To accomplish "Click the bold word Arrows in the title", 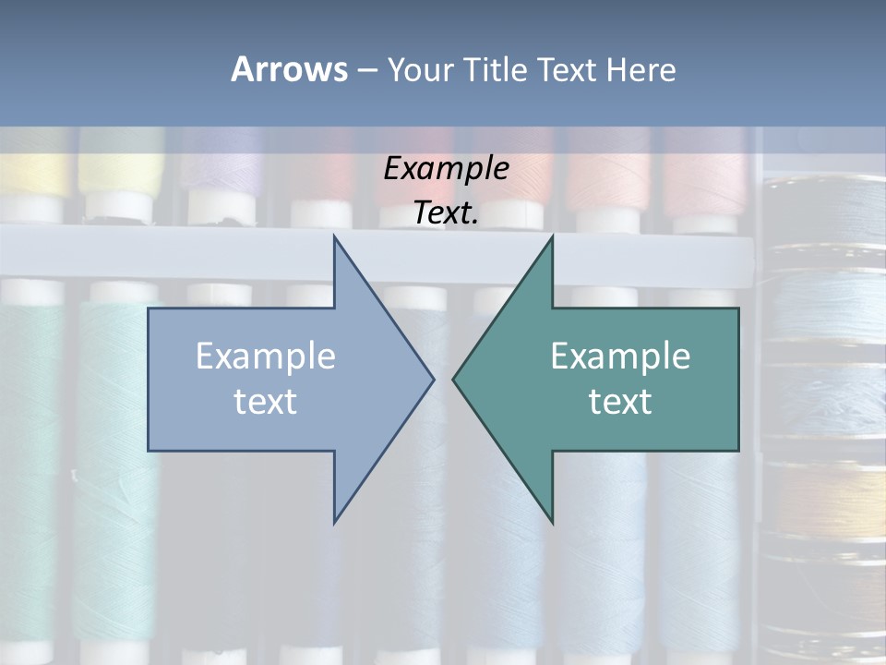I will click(x=289, y=69).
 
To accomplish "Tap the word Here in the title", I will click(x=641, y=69).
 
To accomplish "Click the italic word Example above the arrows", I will click(x=446, y=169).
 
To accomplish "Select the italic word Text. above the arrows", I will click(x=446, y=213).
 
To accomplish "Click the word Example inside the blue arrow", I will click(x=266, y=356).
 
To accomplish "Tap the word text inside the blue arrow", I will click(x=266, y=402).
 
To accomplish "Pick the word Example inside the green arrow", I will click(x=620, y=356).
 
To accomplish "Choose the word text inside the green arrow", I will click(x=620, y=402).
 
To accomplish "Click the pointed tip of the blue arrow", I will click(x=433, y=378).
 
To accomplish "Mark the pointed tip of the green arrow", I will click(x=454, y=378).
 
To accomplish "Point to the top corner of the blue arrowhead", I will click(x=334, y=236).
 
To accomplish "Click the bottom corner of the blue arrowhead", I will click(x=334, y=522).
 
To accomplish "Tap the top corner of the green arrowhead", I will click(x=552, y=236).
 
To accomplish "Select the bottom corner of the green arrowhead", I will click(x=552, y=522).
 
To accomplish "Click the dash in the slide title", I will click(x=366, y=70).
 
